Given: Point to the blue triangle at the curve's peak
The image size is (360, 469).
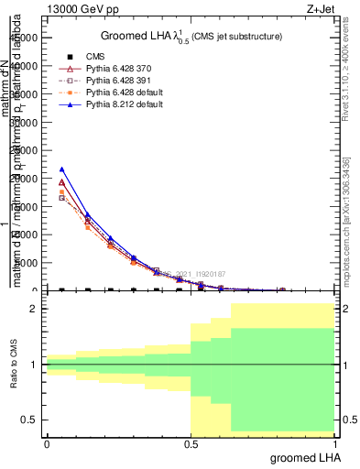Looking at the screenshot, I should (62, 169).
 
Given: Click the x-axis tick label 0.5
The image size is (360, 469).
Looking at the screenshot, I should (191, 442).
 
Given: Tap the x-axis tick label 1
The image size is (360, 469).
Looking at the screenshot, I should (334, 442).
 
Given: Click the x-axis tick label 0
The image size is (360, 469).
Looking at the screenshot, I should (47, 442).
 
